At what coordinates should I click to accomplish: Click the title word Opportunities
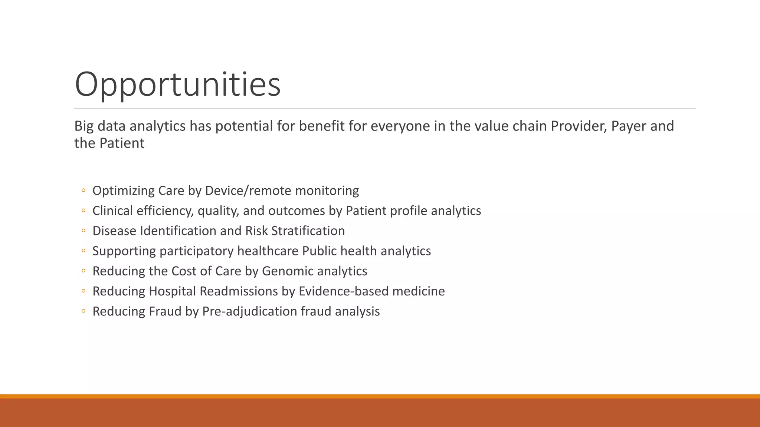[177, 85]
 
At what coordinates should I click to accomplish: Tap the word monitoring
[327, 191]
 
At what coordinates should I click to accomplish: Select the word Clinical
[112, 211]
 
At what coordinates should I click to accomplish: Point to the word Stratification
[308, 231]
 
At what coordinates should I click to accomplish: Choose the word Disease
[114, 231]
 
